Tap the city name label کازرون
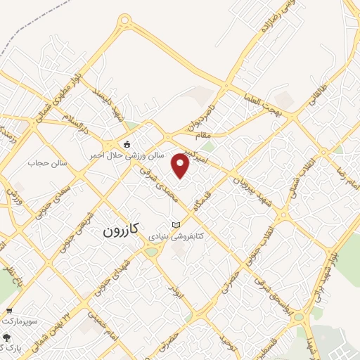pos(122,229)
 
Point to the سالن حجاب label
pos(47,163)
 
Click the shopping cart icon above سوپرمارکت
pos(9,311)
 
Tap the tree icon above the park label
pos(6,336)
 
